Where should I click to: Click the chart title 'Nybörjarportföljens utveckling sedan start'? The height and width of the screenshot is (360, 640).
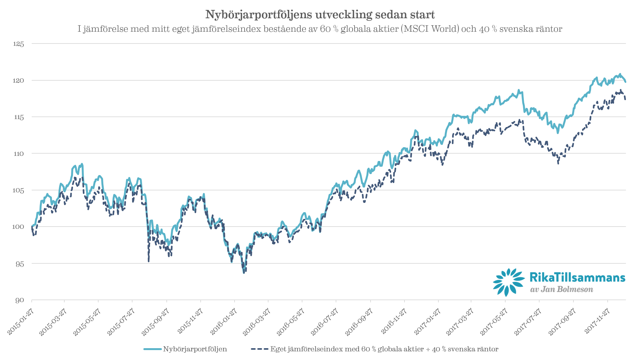(x=320, y=15)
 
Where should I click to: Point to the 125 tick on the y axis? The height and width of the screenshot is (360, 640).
(x=19, y=44)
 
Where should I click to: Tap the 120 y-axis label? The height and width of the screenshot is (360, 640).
(x=19, y=81)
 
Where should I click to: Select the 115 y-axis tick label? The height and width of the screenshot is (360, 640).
(x=19, y=117)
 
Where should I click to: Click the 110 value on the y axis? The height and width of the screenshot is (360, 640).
(x=19, y=154)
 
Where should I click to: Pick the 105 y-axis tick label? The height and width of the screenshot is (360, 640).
(x=19, y=191)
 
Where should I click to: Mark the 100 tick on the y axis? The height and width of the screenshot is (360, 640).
(x=19, y=227)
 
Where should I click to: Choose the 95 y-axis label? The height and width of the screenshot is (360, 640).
(x=20, y=264)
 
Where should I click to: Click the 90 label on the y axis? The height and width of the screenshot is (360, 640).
(x=20, y=300)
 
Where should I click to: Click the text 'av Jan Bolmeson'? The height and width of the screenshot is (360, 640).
(x=562, y=289)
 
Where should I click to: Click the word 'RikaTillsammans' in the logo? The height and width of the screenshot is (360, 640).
(x=577, y=277)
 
